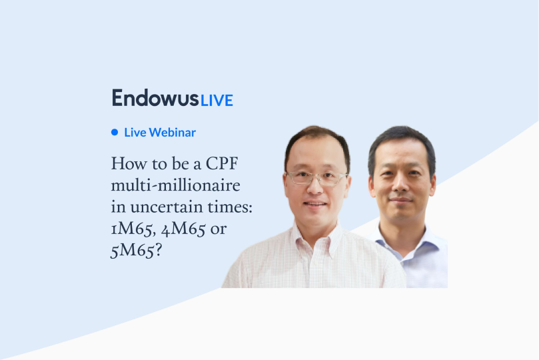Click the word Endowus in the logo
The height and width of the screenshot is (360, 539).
(155, 98)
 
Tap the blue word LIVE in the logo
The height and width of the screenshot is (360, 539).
(217, 100)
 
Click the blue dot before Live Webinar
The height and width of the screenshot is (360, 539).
(115, 132)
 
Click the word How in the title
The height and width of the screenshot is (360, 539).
(125, 163)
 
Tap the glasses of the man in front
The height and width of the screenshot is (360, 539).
(316, 178)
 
